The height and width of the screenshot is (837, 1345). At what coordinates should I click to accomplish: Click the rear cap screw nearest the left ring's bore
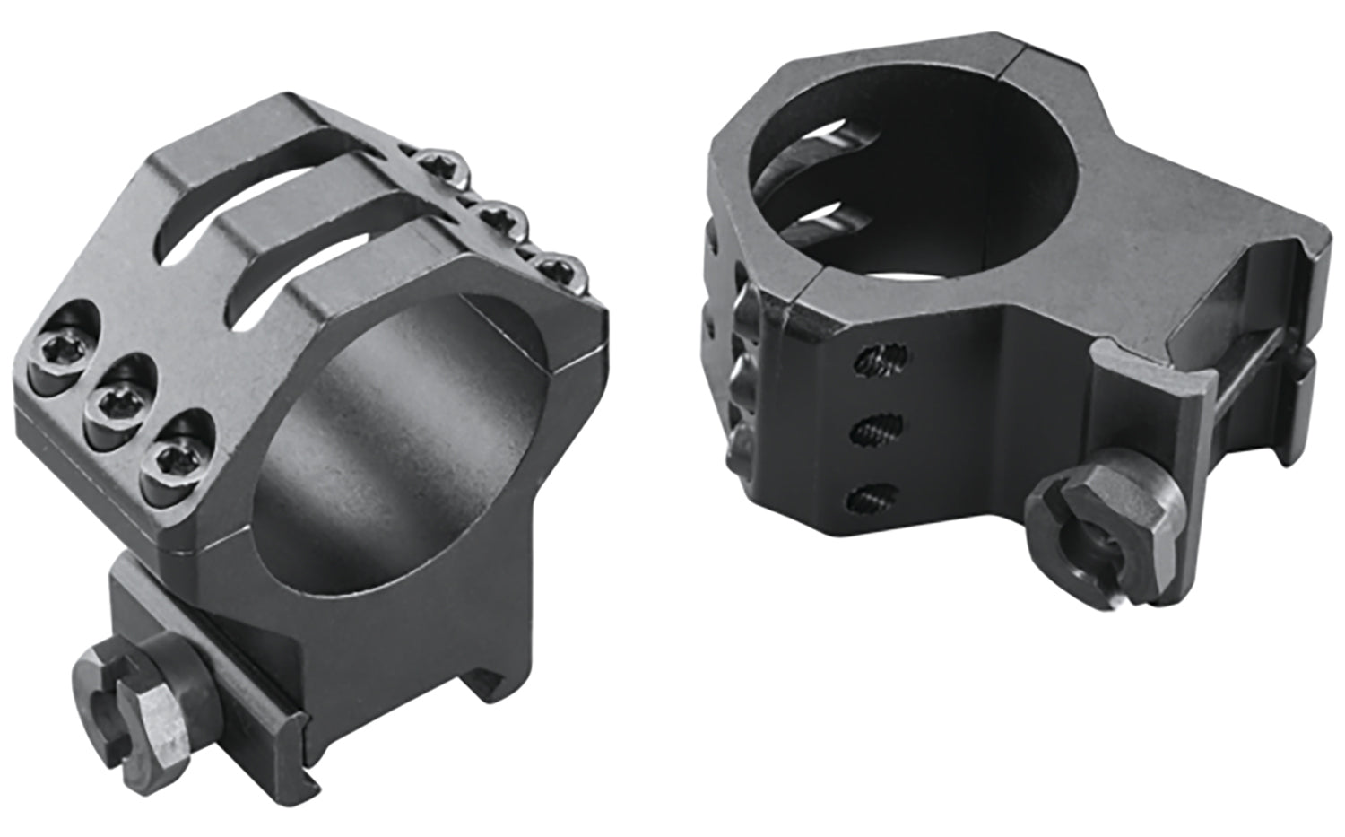[557, 266]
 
